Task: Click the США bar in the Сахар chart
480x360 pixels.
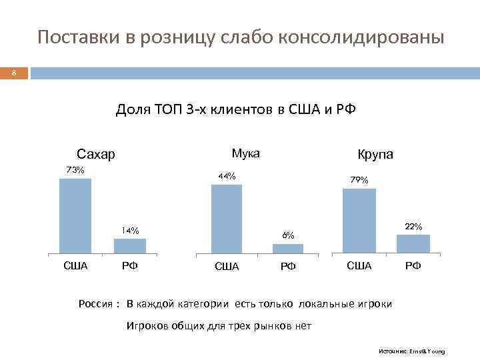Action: coord(75,217)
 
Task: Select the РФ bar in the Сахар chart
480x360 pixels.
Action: coord(130,246)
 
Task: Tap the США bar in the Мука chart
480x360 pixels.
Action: coord(227,219)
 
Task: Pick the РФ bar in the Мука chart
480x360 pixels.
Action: coord(288,249)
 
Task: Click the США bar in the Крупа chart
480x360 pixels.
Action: coord(359,221)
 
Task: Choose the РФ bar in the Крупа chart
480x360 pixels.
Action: coord(413,243)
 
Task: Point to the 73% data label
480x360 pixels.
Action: coord(75,170)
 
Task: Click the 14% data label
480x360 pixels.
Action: coord(130,231)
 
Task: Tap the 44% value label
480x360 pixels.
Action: coord(227,177)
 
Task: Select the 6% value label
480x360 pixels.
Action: coord(288,235)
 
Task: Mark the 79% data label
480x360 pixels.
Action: coord(359,180)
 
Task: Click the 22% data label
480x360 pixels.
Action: coord(413,227)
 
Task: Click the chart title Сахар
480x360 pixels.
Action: coord(96,155)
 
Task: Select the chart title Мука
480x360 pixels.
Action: coord(245,154)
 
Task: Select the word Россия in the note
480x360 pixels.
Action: coord(95,304)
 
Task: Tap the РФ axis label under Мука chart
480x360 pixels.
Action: coord(288,267)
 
